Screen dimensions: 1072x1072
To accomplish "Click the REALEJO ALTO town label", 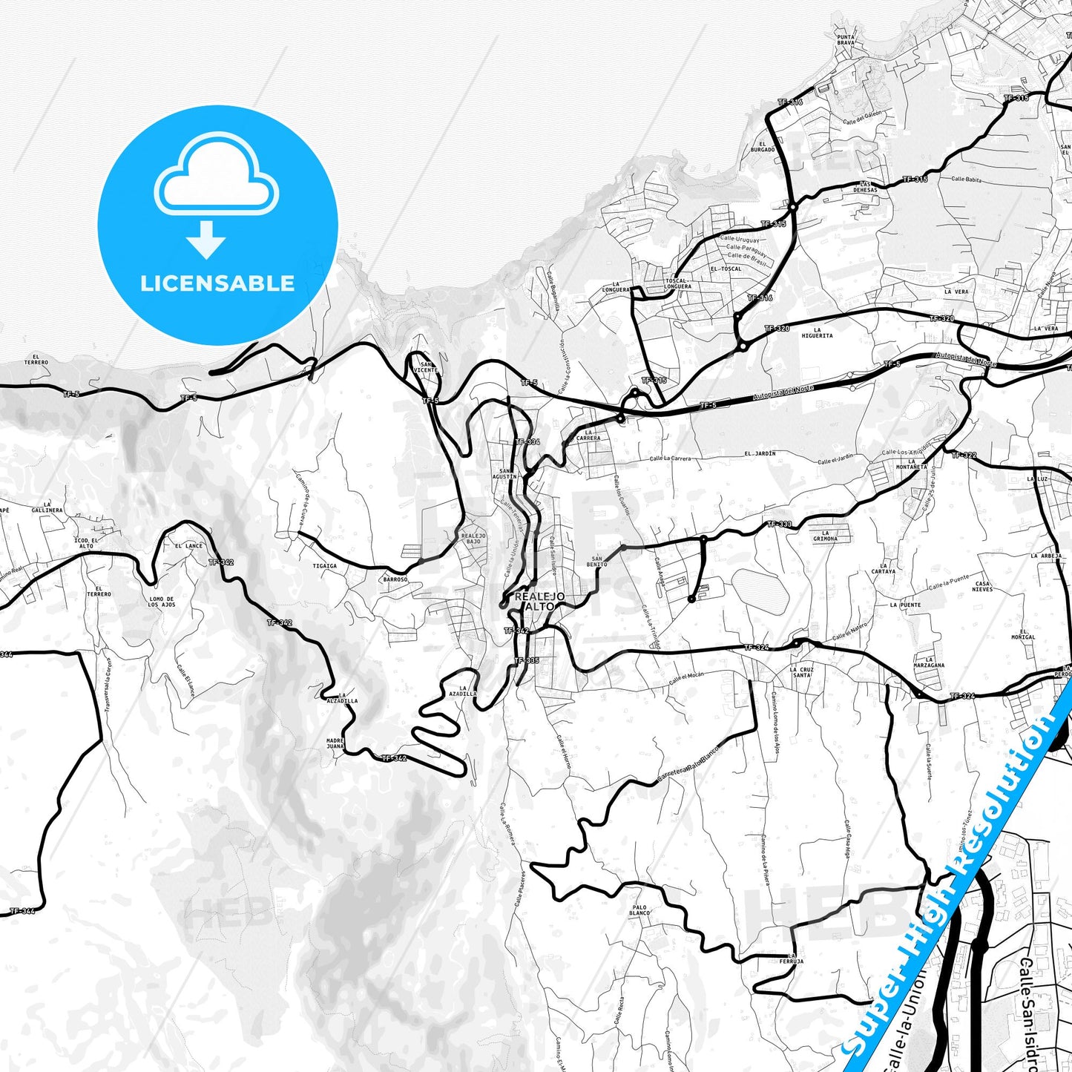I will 539,601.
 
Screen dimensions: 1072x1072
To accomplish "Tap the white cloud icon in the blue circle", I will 217,177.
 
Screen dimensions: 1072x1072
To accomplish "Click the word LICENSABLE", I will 217,283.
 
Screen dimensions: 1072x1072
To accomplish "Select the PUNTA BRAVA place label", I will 846,39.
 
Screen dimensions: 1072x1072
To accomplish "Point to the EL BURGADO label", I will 762,147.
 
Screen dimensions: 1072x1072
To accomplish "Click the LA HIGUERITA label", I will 817,332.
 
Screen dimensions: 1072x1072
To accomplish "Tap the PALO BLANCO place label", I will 639,910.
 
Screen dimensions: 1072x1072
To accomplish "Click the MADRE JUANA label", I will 335,743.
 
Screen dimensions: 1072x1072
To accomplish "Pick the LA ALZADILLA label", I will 341,697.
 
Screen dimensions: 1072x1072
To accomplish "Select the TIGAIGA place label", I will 324,566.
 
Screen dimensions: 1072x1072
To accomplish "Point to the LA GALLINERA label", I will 47,507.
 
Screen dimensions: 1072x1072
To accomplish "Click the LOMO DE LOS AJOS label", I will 162,602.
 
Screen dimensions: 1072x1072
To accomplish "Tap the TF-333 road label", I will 779,525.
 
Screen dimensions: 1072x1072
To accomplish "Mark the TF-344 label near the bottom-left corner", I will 22,911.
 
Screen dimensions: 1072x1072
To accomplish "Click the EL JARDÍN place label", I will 760,453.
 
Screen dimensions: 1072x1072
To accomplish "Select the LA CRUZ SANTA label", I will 802,672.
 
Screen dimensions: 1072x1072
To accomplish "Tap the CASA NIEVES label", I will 982,586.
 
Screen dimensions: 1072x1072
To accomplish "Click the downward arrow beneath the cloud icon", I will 206,240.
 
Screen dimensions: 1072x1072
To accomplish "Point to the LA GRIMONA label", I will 825,536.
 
